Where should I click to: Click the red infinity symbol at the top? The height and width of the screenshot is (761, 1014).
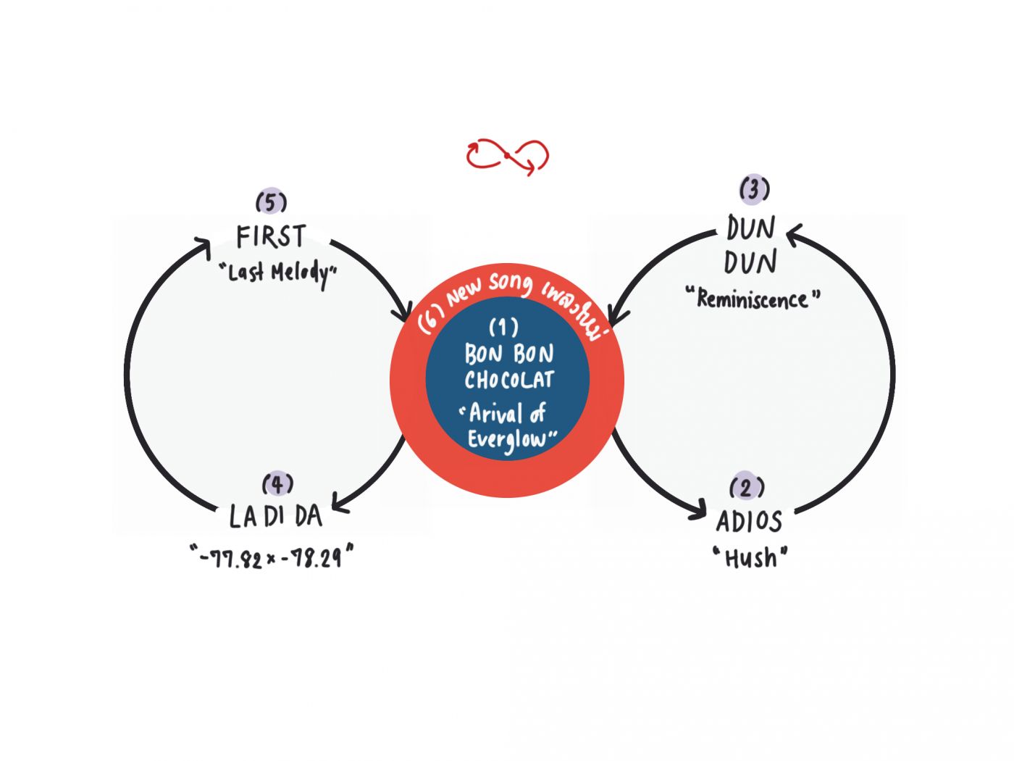507,156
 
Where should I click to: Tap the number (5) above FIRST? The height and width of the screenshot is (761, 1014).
271,201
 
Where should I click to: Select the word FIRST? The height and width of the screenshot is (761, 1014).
271,236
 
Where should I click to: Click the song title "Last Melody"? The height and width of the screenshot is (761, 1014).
278,273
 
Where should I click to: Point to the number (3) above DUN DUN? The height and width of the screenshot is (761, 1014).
754,189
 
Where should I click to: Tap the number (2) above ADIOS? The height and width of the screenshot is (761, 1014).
747,487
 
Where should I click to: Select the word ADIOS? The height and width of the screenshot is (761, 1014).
749,521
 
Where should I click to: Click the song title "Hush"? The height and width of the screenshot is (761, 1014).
750,558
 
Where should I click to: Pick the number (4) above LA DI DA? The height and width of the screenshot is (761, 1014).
277,483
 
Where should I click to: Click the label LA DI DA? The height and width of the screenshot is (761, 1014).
275,516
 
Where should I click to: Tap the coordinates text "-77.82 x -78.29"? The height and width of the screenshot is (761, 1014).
272,557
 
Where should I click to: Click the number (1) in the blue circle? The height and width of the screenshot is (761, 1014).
503,328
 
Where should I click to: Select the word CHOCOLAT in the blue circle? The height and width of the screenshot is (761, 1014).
509,380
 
